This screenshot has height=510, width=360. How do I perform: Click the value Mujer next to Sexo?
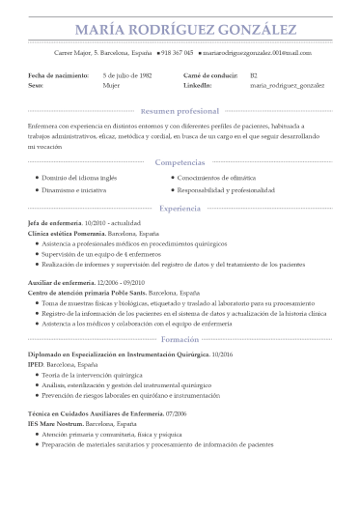click(111, 85)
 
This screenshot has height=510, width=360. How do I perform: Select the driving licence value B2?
click(254, 74)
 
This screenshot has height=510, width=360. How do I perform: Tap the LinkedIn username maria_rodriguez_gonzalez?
click(287, 85)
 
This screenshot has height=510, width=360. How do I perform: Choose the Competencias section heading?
click(180, 163)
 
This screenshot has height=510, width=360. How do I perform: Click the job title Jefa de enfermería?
click(55, 223)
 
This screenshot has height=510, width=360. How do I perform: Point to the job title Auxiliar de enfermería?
click(60, 281)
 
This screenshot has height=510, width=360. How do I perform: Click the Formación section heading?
click(180, 340)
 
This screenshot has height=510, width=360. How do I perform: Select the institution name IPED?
click(36, 365)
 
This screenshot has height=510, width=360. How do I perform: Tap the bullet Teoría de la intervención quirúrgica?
click(97, 375)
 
